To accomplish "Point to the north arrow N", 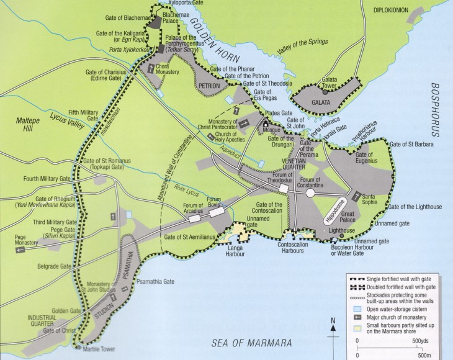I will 333,321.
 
